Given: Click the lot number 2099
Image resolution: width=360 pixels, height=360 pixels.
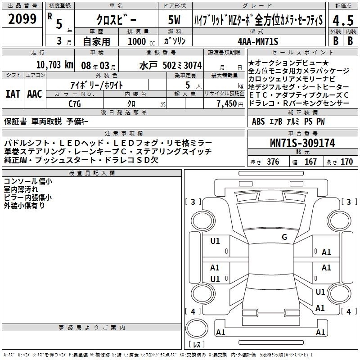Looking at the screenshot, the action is pos(22,19).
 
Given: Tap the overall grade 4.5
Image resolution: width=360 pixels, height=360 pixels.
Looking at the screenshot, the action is pos(343,20).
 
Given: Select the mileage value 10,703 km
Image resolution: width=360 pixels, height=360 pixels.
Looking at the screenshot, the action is pos(54,65).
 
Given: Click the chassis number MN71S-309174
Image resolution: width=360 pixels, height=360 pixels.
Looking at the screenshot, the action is pos(302,143).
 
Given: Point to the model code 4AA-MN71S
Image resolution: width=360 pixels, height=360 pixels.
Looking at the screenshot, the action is pos(258,41).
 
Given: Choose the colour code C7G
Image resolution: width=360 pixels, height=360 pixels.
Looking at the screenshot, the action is pos(75,104).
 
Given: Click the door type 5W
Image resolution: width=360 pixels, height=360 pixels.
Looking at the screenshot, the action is pos(174,20).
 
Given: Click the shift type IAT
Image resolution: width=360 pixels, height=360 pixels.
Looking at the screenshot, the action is pos(13,94).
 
